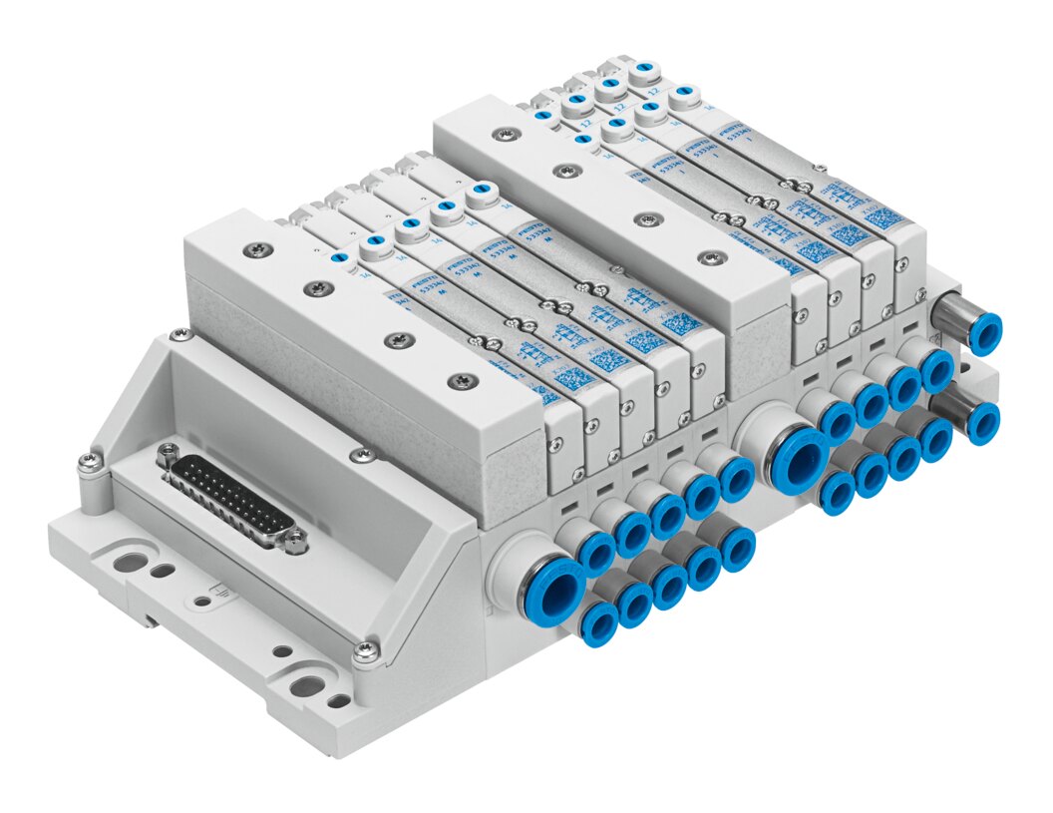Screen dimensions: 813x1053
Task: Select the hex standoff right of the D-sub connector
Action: [x=295, y=543]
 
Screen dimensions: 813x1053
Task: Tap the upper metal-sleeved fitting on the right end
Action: [x=985, y=333]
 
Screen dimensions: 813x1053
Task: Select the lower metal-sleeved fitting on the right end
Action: [x=983, y=422]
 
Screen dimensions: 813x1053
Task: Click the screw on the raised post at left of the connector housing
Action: [x=89, y=461]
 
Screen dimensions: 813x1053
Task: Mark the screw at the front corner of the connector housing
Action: [x=366, y=651]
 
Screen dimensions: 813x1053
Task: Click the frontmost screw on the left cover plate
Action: [x=462, y=380]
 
